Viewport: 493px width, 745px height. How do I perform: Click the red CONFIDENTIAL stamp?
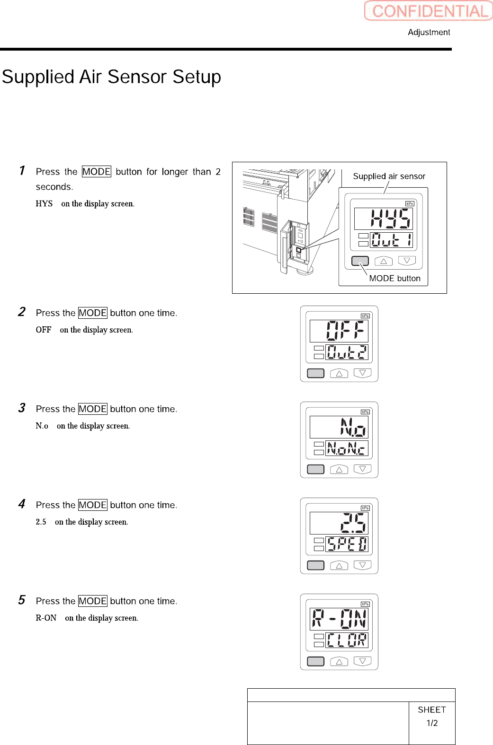429,11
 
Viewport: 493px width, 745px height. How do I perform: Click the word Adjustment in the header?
429,32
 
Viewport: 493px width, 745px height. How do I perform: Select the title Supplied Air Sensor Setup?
112,77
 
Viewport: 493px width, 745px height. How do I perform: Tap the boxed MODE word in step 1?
96,172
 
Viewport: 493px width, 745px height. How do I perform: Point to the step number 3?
22,408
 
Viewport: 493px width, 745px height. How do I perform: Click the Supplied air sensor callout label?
389,176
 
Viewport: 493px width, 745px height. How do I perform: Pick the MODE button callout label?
394,278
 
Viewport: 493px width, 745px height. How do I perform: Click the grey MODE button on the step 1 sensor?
360,261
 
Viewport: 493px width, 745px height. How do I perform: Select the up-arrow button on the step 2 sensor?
339,374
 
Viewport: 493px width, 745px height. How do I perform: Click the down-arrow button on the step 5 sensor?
362,661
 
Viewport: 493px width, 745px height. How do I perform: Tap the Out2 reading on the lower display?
347,352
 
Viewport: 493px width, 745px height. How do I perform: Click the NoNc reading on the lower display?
347,448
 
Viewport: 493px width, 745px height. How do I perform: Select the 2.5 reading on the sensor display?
353,523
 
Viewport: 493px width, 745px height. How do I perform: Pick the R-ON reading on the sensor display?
339,619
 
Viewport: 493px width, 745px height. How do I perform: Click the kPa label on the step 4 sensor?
365,508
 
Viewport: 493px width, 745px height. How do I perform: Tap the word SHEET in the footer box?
431,710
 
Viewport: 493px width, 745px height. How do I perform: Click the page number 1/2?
432,723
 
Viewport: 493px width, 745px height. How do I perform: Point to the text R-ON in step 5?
46,618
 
